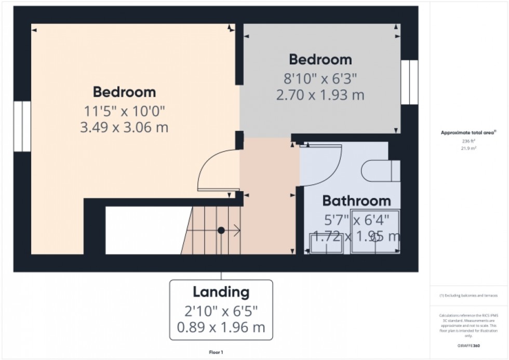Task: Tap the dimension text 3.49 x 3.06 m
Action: (x=124, y=127)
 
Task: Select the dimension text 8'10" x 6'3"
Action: (x=320, y=79)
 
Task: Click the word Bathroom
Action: (x=356, y=201)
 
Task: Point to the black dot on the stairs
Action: (x=221, y=230)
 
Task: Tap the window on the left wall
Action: (x=22, y=126)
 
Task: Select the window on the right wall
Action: (x=409, y=82)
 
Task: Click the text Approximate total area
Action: (x=468, y=133)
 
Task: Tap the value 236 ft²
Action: (x=469, y=141)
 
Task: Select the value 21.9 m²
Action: (x=469, y=148)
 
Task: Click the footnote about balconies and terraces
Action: (x=469, y=296)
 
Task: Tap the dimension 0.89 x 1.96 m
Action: (x=221, y=327)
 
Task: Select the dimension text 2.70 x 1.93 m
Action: (x=320, y=96)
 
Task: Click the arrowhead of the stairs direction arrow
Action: (x=238, y=230)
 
